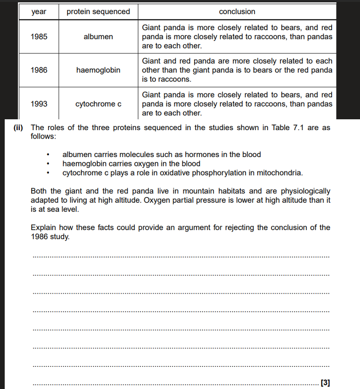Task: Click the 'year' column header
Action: point(39,12)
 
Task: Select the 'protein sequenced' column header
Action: point(98,12)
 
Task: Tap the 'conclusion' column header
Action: point(237,12)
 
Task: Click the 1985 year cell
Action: point(39,37)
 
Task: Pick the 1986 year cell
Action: point(39,70)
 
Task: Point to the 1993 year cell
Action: point(39,104)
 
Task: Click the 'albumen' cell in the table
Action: point(98,37)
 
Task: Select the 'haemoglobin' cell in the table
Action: point(98,70)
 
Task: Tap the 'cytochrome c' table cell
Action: point(98,104)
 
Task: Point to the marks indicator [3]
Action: point(325,382)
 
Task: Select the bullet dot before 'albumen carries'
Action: point(48,155)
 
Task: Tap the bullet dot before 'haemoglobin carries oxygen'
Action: point(48,164)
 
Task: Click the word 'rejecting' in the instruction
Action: point(239,228)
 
